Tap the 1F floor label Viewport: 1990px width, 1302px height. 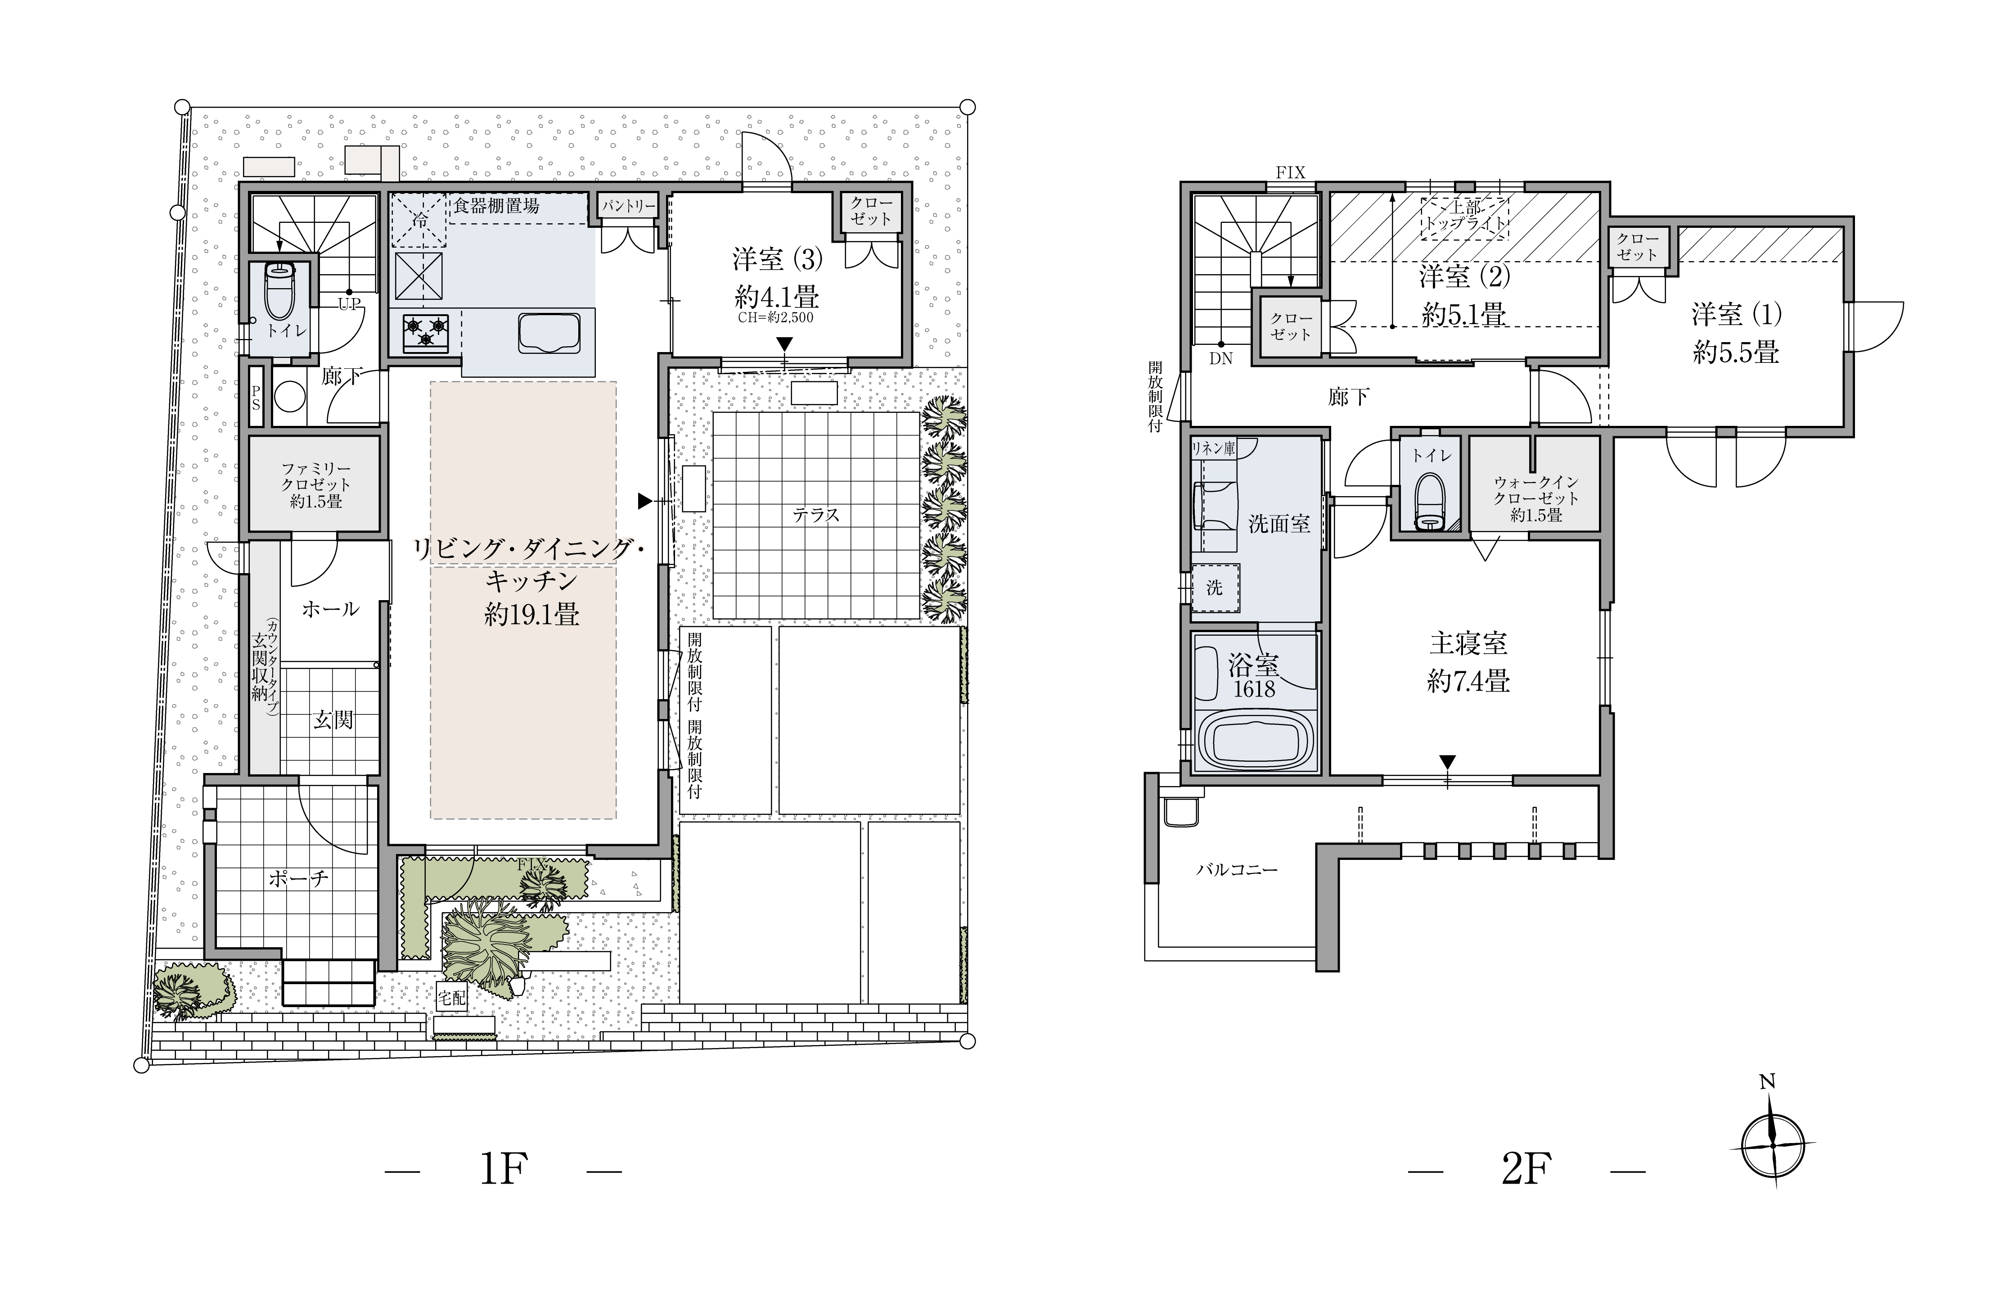[x=504, y=1169]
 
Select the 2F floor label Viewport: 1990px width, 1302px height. [x=1527, y=1169]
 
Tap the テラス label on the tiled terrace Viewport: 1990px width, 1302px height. [x=815, y=515]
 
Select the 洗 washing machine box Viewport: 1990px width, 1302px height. [x=1215, y=588]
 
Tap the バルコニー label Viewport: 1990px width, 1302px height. [x=1237, y=870]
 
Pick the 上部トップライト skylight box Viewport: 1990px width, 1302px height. [x=1465, y=218]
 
